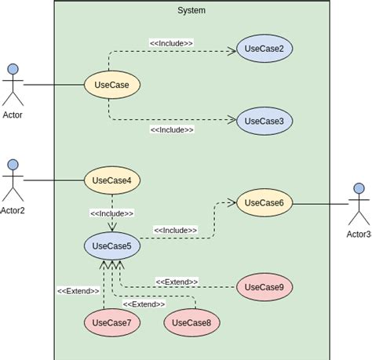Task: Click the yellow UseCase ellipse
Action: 111,85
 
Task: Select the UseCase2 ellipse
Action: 264,49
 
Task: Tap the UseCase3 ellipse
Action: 264,121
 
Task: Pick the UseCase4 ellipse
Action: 111,180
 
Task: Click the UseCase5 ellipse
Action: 111,245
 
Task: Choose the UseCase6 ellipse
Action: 264,202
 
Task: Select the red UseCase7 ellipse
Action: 111,322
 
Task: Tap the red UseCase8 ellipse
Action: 191,322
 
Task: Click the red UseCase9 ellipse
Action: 264,287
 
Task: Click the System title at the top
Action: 191,10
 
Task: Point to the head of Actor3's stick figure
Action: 359,188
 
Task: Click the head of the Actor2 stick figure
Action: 13,164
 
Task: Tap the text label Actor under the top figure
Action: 13,115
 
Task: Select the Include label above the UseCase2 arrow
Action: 171,43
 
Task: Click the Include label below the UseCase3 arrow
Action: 171,129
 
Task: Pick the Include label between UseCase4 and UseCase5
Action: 111,213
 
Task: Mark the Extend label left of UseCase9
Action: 177,282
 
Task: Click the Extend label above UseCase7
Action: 78,291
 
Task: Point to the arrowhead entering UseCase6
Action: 232,202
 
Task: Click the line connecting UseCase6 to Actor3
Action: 320,203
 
